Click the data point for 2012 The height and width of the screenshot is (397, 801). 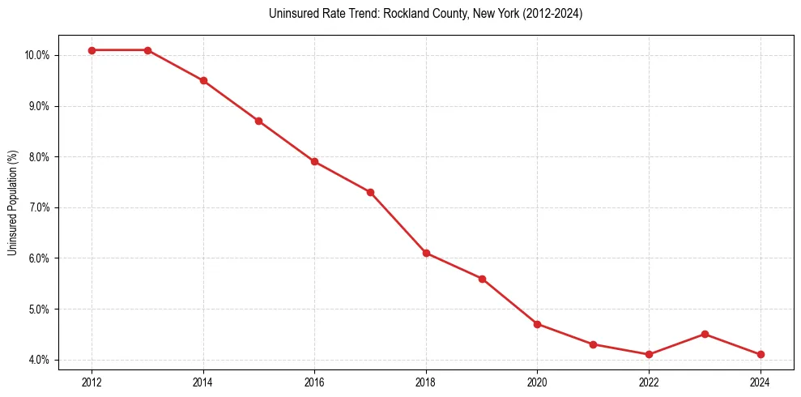[92, 50]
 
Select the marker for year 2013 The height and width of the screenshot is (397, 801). [147, 50]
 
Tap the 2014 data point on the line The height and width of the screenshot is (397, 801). [203, 80]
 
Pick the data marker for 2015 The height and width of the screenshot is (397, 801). [258, 121]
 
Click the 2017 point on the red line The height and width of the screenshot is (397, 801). [370, 192]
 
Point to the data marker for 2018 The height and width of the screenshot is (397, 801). [426, 253]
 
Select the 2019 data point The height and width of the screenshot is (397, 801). [482, 279]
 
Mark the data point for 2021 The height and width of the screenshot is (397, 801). [593, 344]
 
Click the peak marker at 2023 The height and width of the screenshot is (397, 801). [705, 334]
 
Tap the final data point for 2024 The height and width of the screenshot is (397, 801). [761, 354]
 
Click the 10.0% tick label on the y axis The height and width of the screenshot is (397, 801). [38, 55]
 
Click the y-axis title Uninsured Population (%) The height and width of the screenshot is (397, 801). [12, 203]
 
